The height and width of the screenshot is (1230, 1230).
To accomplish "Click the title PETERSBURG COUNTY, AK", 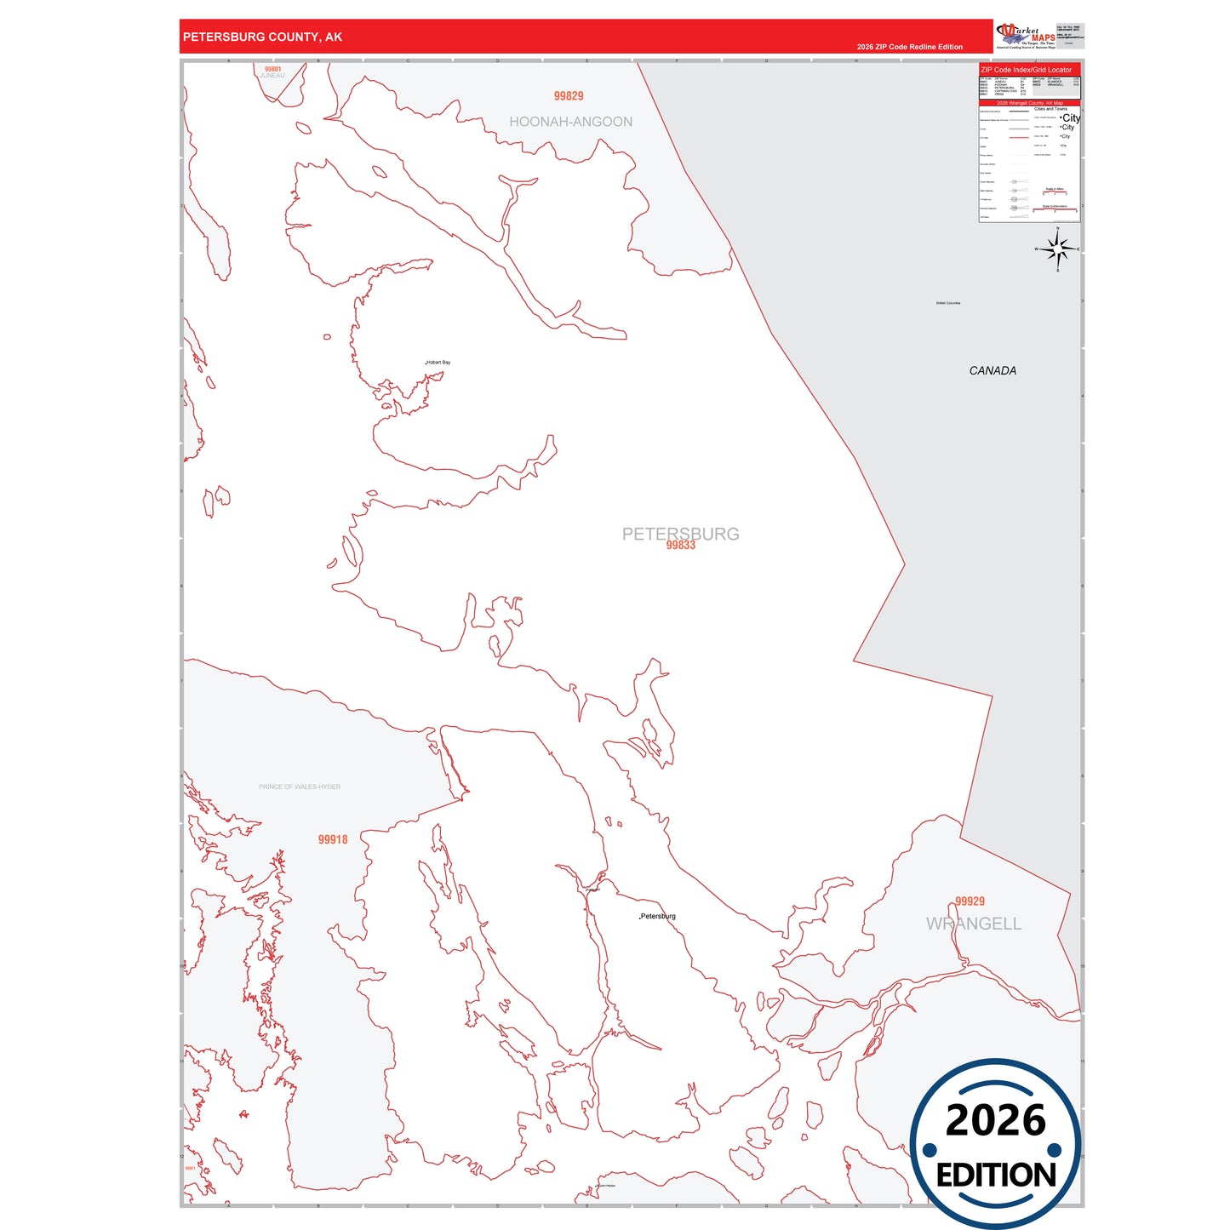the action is [262, 37].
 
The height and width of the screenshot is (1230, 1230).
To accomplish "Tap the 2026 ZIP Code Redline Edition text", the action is [909, 47].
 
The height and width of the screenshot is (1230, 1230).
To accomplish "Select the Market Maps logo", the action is [1026, 37].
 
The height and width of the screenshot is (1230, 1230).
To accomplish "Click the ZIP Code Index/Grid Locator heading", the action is [1026, 70].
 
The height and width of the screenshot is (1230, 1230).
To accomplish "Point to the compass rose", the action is [1057, 249].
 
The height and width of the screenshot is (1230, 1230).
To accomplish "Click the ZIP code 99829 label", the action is [569, 96].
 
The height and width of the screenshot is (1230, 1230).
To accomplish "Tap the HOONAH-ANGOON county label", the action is [570, 122].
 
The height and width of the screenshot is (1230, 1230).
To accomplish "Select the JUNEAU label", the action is [272, 76].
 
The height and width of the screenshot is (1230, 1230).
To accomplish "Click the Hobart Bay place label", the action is [438, 363].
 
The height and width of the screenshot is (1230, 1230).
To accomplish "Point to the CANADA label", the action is [993, 370].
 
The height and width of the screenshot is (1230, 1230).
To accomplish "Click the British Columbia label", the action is [947, 303].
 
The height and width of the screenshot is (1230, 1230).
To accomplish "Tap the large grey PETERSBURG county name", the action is [680, 533].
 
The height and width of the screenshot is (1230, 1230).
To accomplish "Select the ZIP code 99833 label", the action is [680, 546].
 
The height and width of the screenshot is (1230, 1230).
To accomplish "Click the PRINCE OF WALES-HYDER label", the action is [300, 787].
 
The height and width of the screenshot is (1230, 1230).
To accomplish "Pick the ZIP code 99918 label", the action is [333, 839].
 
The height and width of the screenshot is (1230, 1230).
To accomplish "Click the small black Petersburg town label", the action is [658, 916].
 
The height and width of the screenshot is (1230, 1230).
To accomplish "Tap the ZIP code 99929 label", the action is [970, 901].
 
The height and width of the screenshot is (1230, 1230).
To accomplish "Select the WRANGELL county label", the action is [973, 924].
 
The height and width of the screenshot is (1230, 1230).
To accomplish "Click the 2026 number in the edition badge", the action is [995, 1119].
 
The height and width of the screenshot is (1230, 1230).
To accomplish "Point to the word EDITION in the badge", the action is [996, 1175].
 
